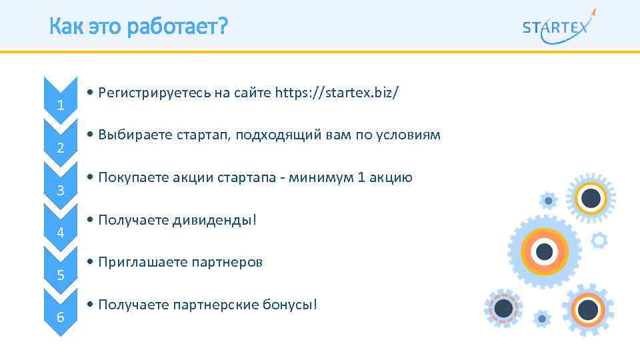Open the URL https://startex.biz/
coord(337,93)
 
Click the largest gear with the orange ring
coord(544,251)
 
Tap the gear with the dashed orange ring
coord(504,308)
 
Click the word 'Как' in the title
coord(64,27)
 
